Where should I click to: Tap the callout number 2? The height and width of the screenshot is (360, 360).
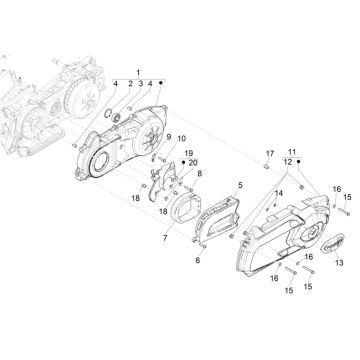click(x=128, y=83)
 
